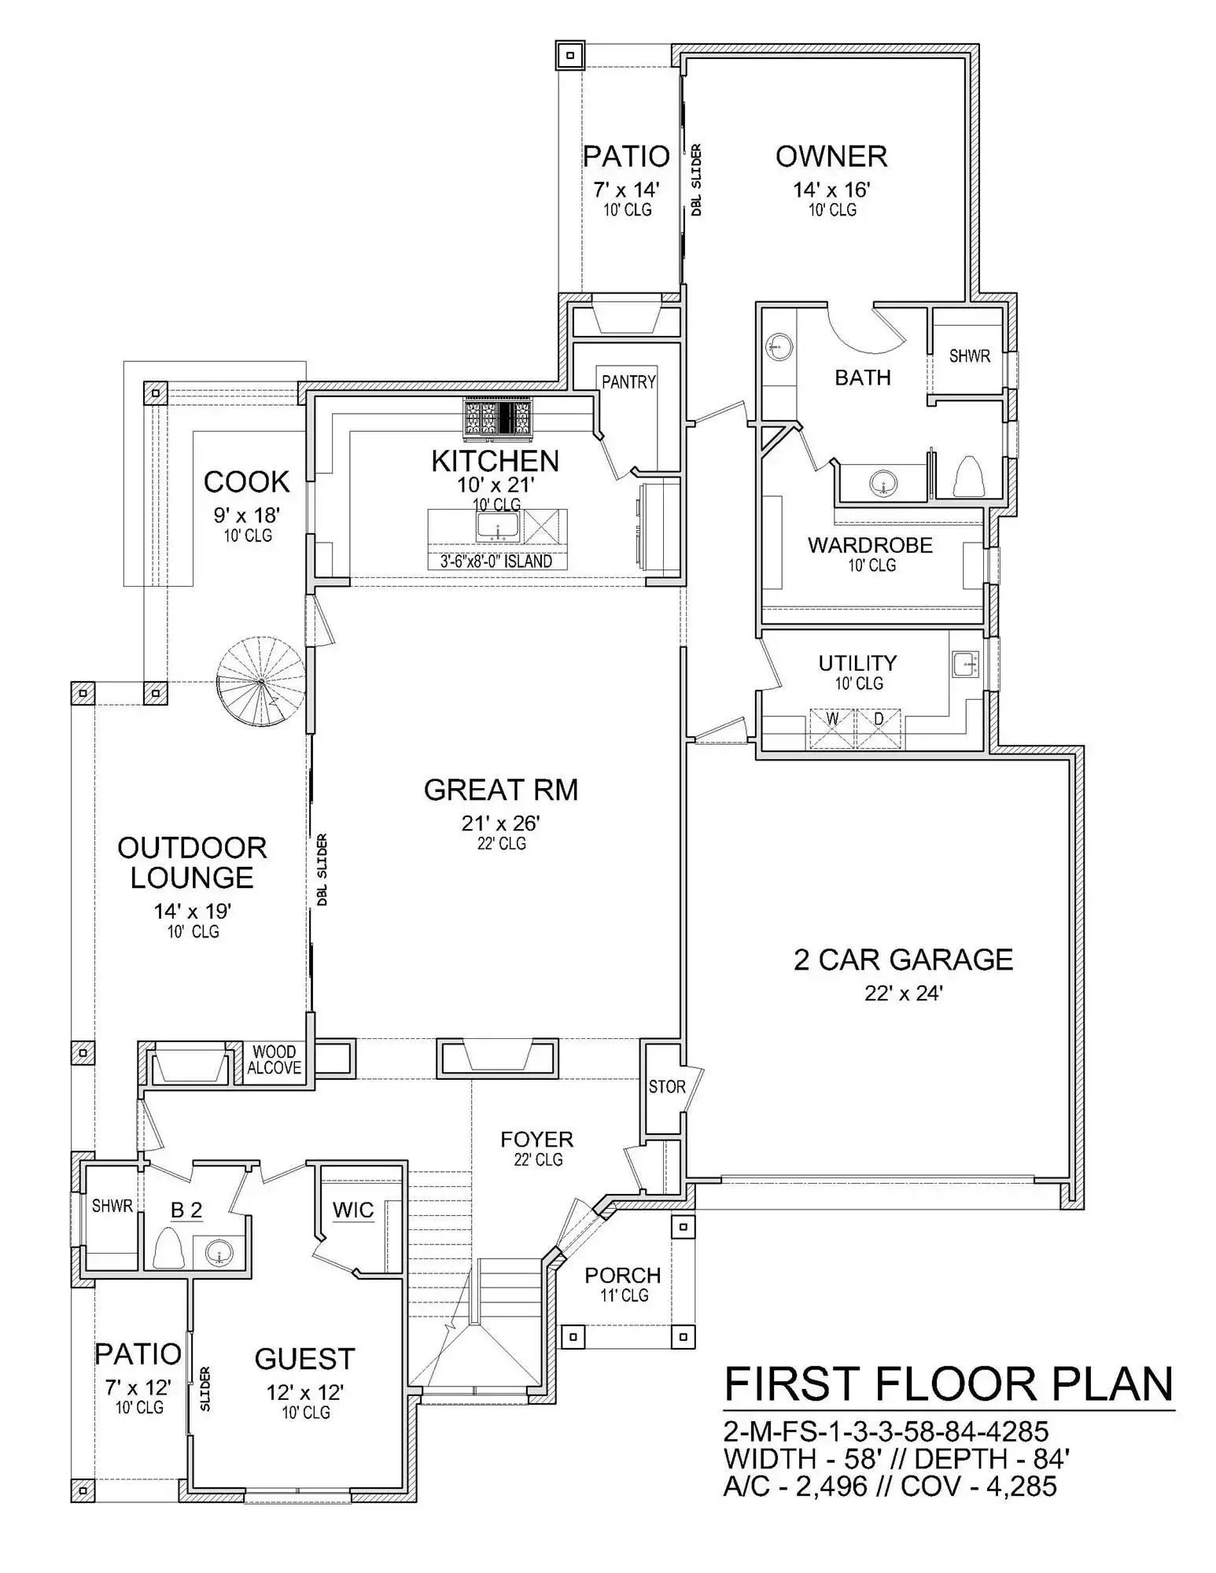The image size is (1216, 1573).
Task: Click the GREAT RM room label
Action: tap(500, 790)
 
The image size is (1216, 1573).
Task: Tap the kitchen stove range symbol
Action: tap(498, 417)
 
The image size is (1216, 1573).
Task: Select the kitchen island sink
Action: tap(497, 526)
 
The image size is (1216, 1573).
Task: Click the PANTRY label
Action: tap(628, 382)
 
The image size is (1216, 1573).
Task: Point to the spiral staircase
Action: tap(261, 682)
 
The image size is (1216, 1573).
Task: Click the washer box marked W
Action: tap(832, 729)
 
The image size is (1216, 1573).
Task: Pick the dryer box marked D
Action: tap(879, 729)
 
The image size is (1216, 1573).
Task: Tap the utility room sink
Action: tap(965, 664)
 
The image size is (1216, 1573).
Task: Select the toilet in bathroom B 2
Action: tap(168, 1247)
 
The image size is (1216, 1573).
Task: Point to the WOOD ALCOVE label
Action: tap(275, 1059)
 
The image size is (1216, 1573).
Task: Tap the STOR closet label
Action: tap(667, 1087)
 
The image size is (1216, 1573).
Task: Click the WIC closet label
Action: tap(353, 1210)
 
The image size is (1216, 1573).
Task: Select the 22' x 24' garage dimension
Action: tap(904, 993)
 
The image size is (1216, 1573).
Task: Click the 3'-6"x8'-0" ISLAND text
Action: tap(496, 562)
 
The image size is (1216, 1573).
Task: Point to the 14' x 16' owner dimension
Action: tap(831, 190)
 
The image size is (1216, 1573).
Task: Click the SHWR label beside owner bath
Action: tap(970, 356)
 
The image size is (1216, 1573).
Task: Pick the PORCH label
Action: tap(623, 1275)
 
